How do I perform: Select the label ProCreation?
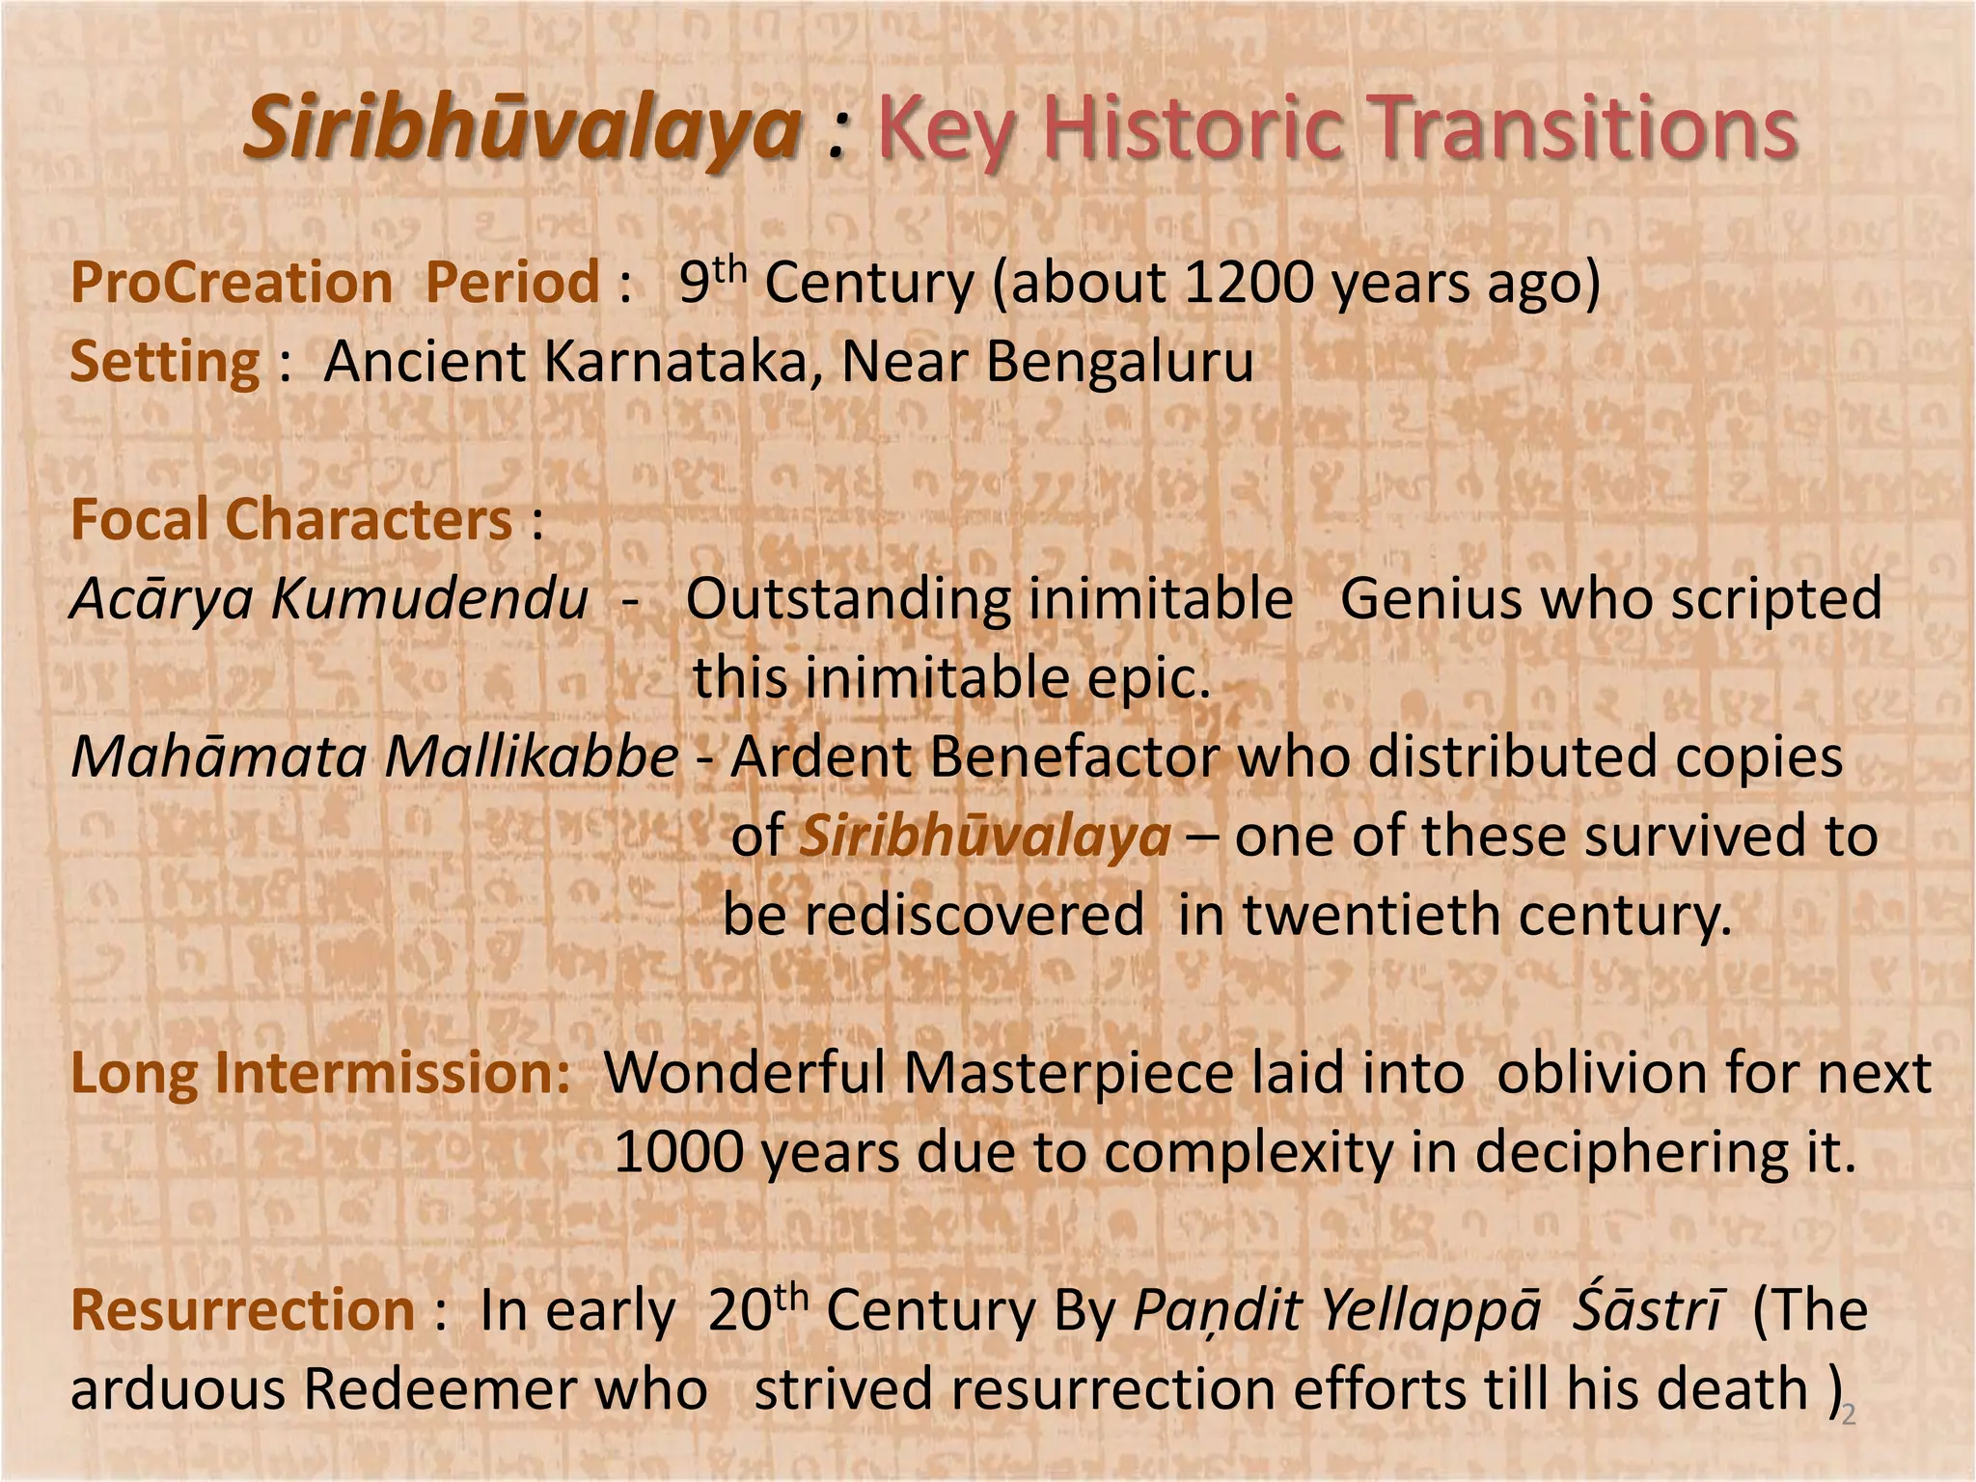[x=232, y=284]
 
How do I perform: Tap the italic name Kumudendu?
[x=429, y=599]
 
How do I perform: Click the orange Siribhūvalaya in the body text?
[x=985, y=837]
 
